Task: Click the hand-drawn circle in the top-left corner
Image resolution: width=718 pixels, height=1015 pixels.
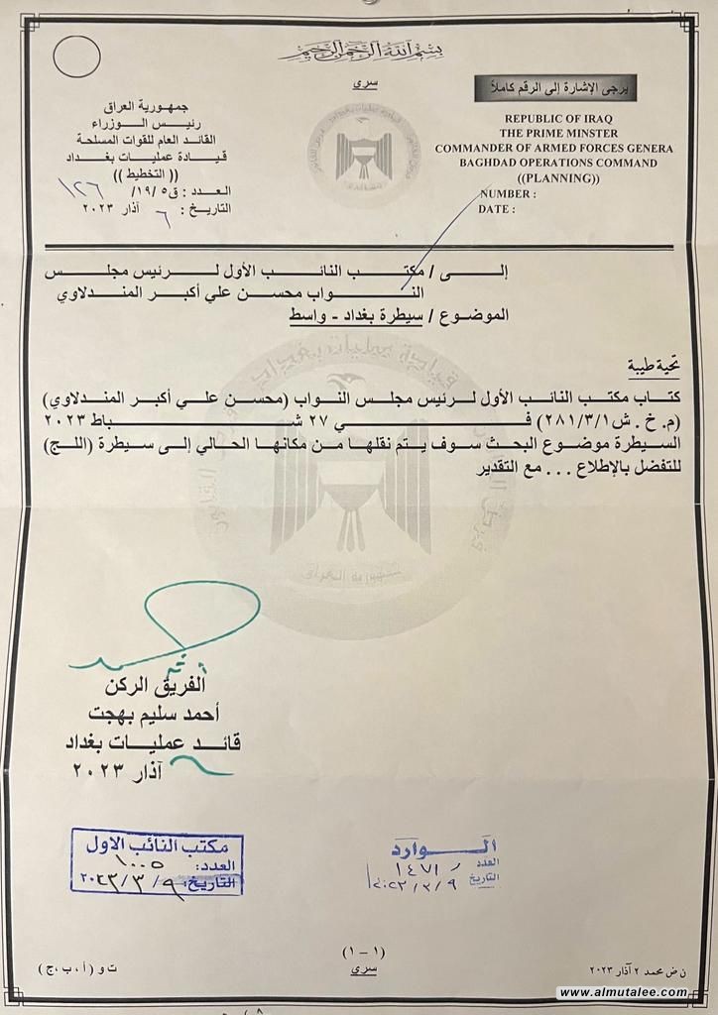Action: click(x=75, y=57)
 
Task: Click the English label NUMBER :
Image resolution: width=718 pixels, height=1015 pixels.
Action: click(x=508, y=194)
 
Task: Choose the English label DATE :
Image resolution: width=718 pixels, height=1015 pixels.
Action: click(x=498, y=209)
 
